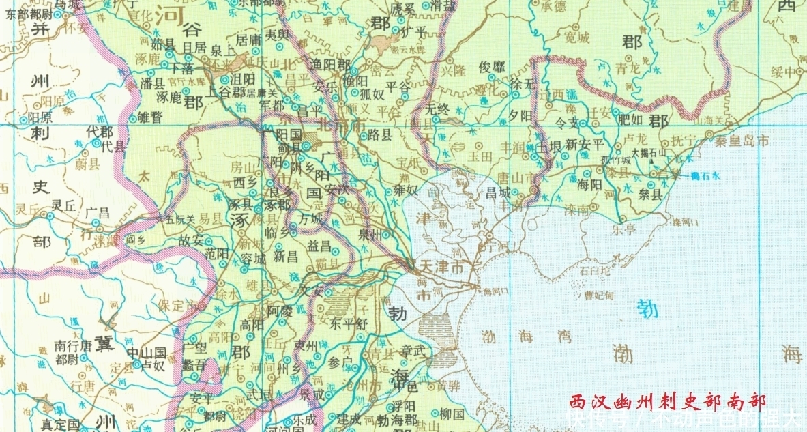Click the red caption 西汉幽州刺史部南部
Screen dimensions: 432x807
click(x=669, y=401)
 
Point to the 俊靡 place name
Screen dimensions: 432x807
click(x=493, y=67)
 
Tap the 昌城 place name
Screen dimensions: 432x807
click(x=498, y=193)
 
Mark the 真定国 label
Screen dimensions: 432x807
click(x=59, y=424)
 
